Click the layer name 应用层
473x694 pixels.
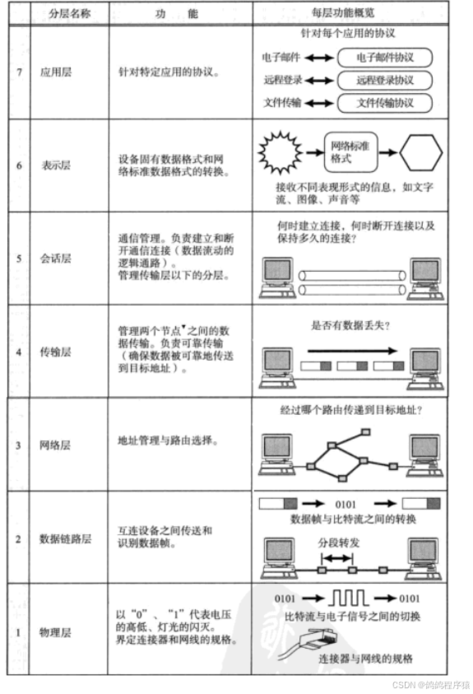pos(56,72)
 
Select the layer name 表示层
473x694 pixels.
pos(56,165)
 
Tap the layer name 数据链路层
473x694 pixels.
pos(66,538)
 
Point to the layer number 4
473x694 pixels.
pos(19,352)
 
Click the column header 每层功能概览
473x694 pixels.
pos(343,12)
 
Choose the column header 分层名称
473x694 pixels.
pos(69,13)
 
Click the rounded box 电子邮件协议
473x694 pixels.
pos(385,58)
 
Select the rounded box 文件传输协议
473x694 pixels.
pos(385,103)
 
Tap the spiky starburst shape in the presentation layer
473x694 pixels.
pos(281,152)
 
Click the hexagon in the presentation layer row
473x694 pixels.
pos(421,152)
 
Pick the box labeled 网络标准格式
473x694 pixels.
pos(351,152)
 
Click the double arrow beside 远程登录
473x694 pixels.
pos(319,81)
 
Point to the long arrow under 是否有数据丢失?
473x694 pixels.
pos(352,351)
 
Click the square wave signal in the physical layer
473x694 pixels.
pos(349,598)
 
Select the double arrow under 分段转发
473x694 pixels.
pos(337,558)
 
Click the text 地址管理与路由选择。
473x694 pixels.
pos(168,440)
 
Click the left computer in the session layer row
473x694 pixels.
pos(277,279)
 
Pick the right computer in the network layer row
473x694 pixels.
pos(424,455)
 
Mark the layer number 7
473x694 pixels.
pos(19,72)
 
